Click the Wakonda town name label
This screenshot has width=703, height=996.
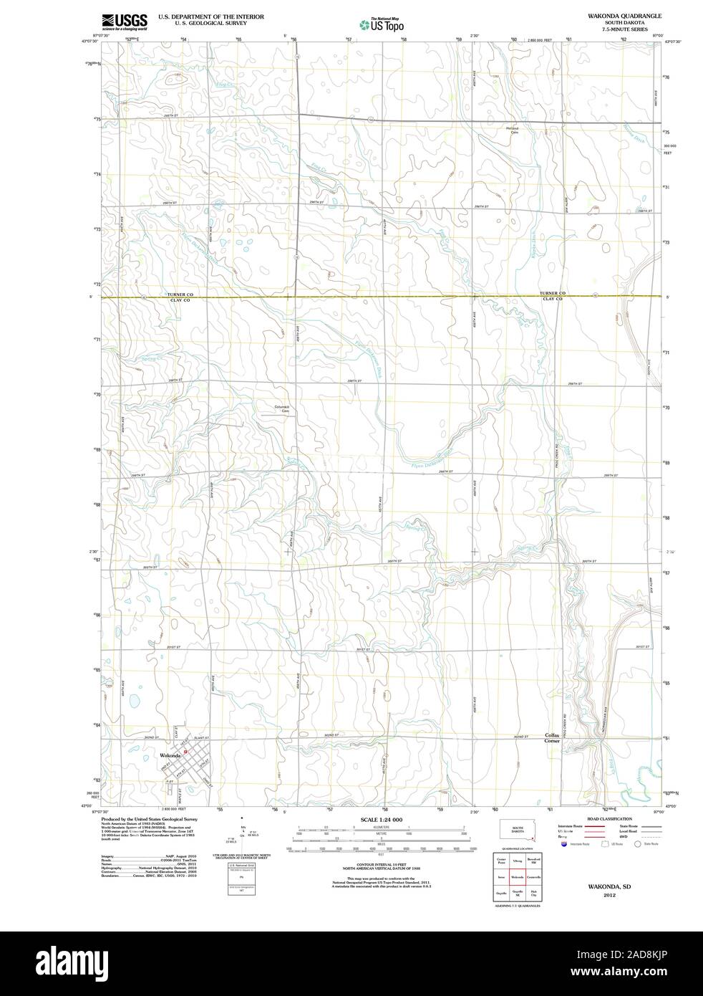[x=170, y=755]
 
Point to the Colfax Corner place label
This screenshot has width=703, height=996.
[x=552, y=738]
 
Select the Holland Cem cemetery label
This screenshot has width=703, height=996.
[x=513, y=130]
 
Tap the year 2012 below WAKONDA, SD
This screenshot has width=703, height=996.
[x=609, y=895]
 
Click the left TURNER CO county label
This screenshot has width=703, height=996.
[x=181, y=294]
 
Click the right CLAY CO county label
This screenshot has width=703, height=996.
[x=553, y=299]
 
